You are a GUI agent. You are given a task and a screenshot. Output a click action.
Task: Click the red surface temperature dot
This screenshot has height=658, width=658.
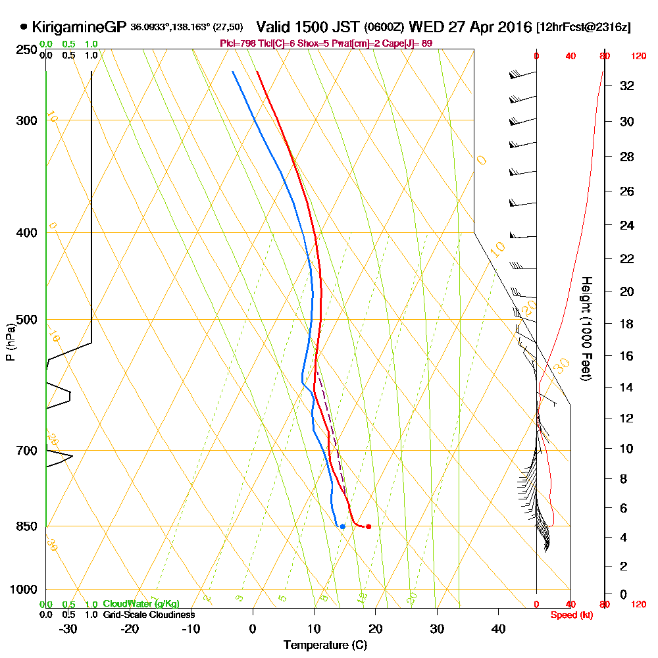(368, 526)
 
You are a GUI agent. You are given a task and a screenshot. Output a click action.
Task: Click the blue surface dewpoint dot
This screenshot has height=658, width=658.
(343, 526)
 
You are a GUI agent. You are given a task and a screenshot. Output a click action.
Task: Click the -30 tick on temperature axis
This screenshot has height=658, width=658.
(68, 628)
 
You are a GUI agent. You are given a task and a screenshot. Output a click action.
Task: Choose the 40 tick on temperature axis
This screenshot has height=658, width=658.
(499, 628)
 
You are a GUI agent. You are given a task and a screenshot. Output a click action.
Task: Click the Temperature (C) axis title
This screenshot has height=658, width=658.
(325, 645)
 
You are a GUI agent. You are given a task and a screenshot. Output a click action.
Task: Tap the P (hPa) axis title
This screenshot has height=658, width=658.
(10, 342)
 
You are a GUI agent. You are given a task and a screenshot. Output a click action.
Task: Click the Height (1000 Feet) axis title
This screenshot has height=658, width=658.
(585, 329)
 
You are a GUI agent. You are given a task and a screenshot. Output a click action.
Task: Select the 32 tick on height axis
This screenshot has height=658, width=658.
(627, 86)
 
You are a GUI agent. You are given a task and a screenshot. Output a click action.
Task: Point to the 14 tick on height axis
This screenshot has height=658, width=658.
(627, 388)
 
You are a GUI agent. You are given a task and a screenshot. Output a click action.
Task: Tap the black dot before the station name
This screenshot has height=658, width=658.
(24, 27)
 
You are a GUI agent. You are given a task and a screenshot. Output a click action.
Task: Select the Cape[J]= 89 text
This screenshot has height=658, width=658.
(411, 43)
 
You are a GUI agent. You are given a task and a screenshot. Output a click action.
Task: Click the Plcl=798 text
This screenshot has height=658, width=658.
(236, 43)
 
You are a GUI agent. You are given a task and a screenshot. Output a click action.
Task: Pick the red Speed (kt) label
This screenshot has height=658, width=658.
(569, 615)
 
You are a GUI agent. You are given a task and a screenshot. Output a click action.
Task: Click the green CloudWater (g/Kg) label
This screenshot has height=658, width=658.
(141, 604)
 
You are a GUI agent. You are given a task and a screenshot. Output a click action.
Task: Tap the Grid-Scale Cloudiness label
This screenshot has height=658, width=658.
(149, 615)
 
